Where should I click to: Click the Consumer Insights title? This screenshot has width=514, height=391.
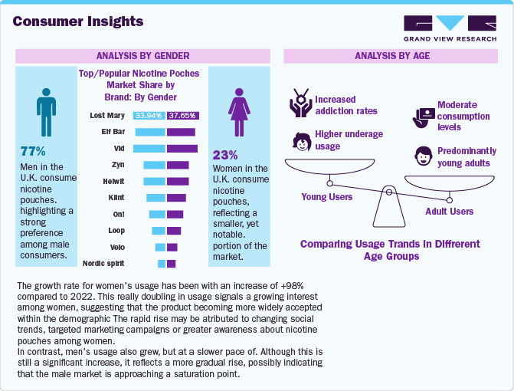[77, 21]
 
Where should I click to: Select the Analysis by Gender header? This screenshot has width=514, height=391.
[142, 56]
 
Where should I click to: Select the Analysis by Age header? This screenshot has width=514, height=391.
[391, 56]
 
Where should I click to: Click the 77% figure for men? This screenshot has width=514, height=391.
[33, 151]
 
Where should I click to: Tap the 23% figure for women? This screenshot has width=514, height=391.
[225, 154]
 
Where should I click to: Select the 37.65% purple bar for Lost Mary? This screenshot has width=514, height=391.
[182, 116]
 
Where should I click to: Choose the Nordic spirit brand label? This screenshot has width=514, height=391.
[104, 264]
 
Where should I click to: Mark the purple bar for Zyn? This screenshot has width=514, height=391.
[178, 165]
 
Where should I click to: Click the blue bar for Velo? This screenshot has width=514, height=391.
[160, 247]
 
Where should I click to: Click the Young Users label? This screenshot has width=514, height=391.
[326, 196]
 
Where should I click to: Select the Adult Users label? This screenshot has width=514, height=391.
[449, 211]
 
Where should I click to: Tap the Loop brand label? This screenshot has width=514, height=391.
[116, 230]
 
